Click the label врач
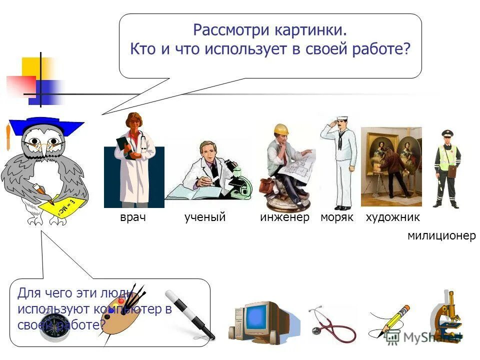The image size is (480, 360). tap(132, 217)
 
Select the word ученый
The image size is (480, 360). tap(205, 217)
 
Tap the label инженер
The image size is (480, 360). tap(284, 217)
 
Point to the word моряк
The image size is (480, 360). tap(336, 217)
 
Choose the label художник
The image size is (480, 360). tap(392, 217)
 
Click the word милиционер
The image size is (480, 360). tap(441, 236)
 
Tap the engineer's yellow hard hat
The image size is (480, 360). tap(281, 129)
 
